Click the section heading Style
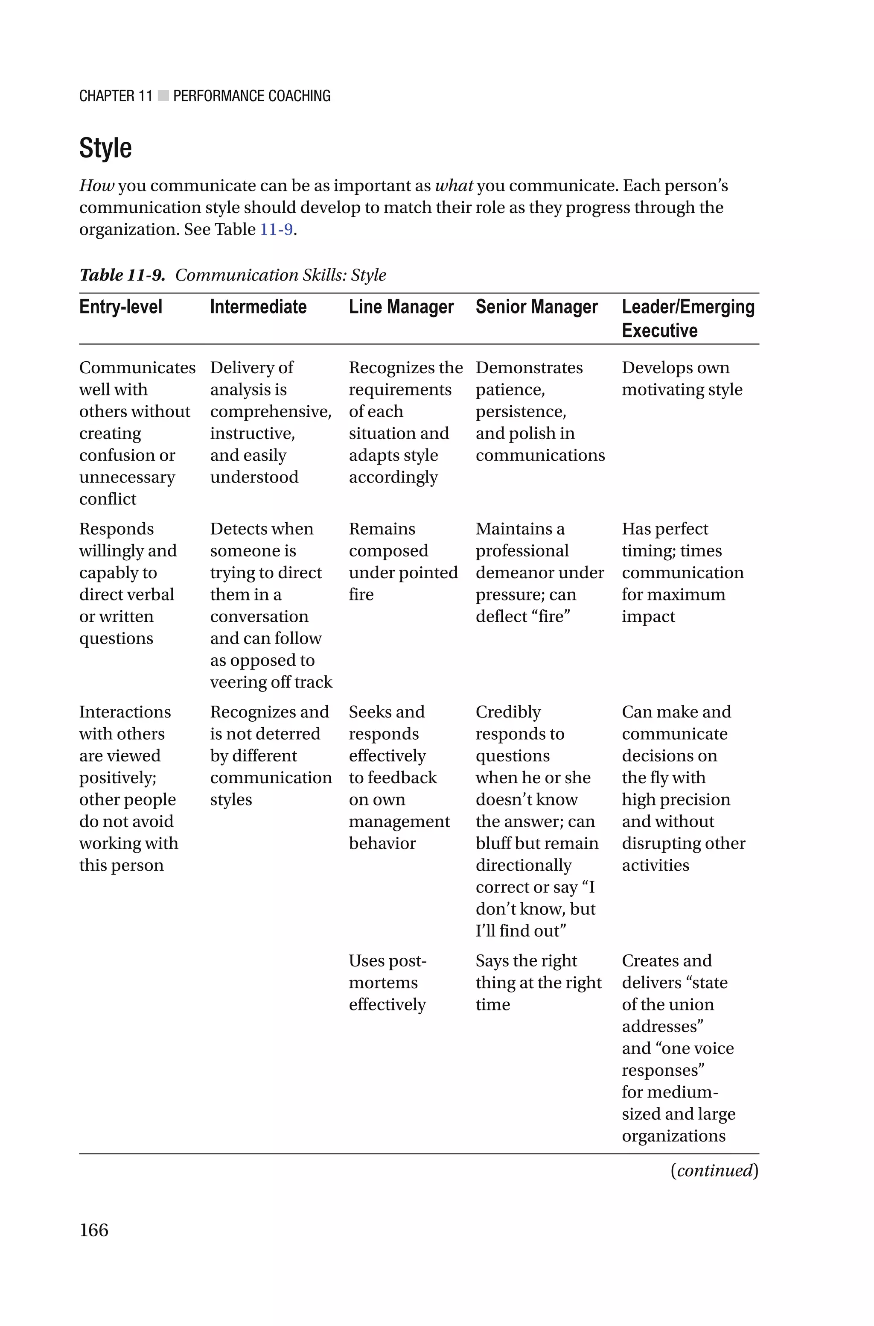tap(105, 148)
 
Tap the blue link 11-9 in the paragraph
tap(277, 229)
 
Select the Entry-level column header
tap(120, 307)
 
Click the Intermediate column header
tap(258, 307)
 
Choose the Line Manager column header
tap(401, 307)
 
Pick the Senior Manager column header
tap(536, 307)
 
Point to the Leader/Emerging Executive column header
tap(688, 319)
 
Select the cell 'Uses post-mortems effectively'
tap(387, 983)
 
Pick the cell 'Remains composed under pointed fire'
tap(402, 561)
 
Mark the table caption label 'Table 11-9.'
tap(122, 275)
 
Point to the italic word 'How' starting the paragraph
tap(96, 186)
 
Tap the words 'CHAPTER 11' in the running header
tap(115, 96)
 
